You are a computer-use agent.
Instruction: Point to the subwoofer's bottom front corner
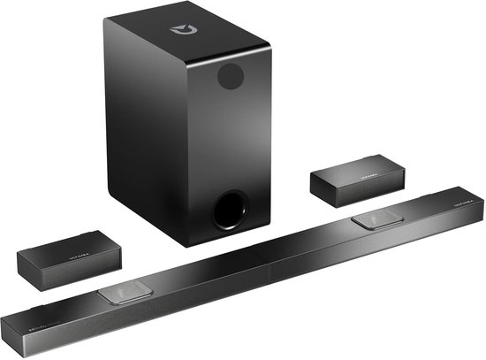click(186, 245)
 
